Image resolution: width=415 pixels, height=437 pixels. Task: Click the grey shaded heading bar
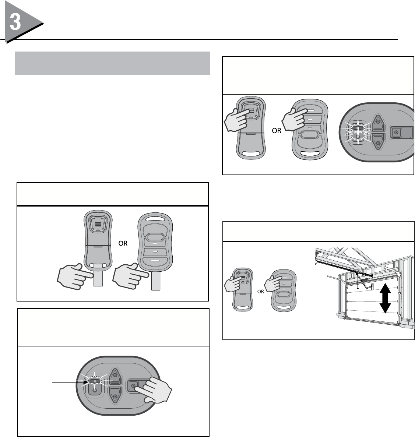click(112, 63)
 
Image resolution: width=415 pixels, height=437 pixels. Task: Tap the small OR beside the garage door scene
click(260, 291)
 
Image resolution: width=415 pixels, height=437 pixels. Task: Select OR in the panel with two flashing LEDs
click(277, 132)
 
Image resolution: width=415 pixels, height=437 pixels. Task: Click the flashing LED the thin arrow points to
click(95, 381)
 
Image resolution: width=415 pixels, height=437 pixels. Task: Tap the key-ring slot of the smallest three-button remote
click(284, 307)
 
